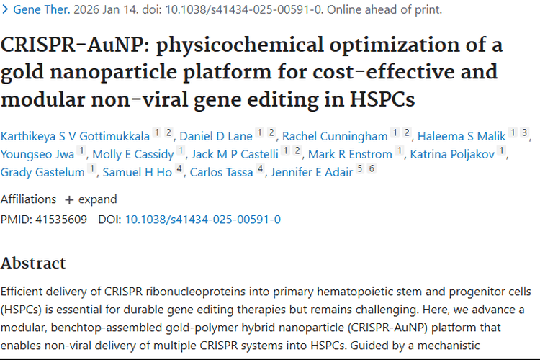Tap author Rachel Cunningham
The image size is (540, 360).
point(335,135)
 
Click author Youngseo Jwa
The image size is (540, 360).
point(37,153)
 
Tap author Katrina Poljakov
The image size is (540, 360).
point(452,153)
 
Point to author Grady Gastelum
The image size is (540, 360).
point(42,171)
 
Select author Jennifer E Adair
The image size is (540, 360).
point(312,171)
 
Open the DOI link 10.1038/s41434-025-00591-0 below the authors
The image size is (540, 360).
point(203,219)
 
